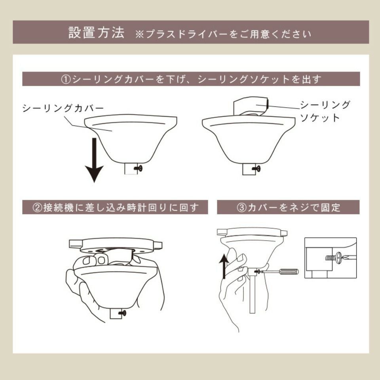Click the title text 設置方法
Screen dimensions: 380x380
[96, 32]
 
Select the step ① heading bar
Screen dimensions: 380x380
[191, 79]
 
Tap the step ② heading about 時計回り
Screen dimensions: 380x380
[115, 207]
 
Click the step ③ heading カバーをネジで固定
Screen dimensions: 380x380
[288, 207]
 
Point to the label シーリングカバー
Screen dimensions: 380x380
[63, 108]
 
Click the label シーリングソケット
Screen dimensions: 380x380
[325, 111]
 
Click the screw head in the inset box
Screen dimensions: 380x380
[339, 257]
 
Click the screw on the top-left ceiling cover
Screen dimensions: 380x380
[139, 169]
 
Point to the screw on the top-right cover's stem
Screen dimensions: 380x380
[256, 169]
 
